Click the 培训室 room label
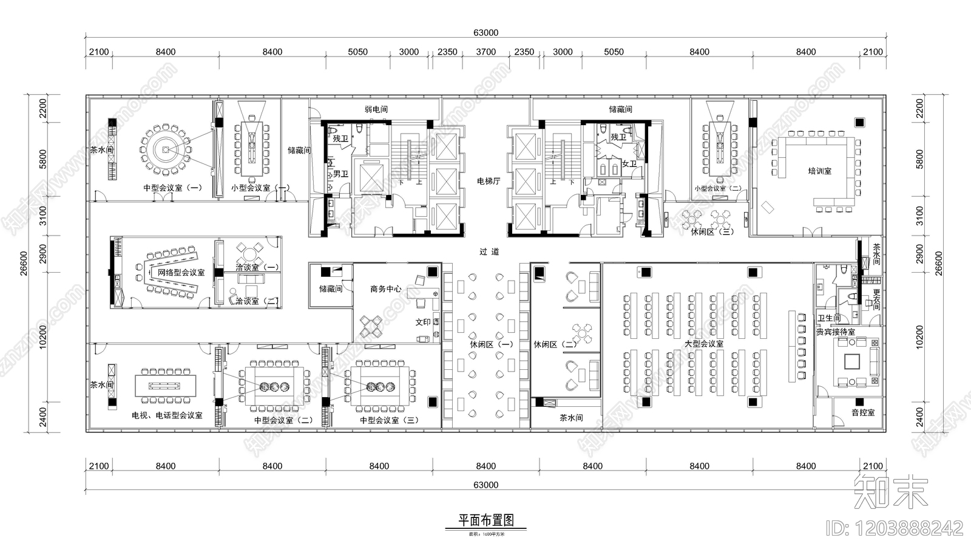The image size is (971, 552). tap(819, 171)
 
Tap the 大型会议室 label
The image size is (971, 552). tap(703, 344)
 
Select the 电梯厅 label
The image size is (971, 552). tap(488, 181)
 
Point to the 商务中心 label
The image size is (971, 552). tap(385, 289)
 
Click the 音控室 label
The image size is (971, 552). tap(862, 412)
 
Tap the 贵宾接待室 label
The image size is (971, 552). tap(835, 332)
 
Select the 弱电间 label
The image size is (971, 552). tap(376, 109)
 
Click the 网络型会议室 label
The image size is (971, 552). tap(181, 273)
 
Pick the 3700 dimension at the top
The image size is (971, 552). tap(486, 52)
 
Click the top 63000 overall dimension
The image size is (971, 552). tap(486, 33)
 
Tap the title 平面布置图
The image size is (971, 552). tap(486, 520)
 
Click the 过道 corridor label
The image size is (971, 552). tap(489, 251)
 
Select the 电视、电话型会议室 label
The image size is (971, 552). tap(167, 415)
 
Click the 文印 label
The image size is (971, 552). tap(423, 322)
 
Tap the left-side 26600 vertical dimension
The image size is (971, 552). tap(24, 263)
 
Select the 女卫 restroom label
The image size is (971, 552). tap(629, 164)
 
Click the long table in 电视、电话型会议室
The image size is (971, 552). tap(166, 385)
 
